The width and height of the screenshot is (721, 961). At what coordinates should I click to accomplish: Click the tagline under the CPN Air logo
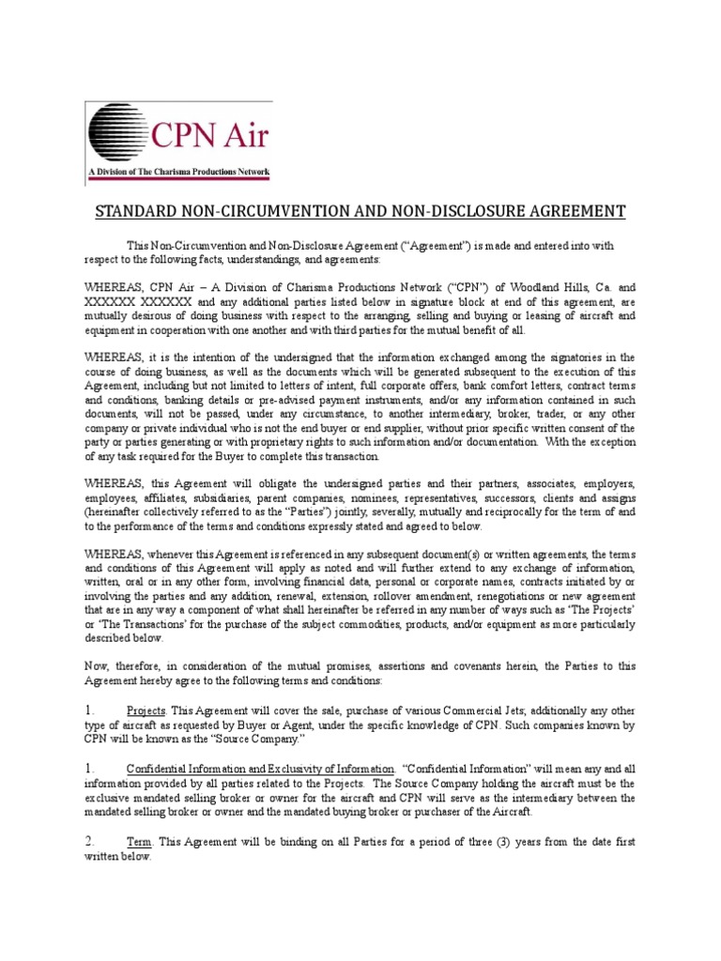[177, 172]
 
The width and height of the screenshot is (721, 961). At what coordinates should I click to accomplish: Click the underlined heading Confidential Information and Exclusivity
[260, 770]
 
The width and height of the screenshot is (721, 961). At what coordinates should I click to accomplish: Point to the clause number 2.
[90, 840]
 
